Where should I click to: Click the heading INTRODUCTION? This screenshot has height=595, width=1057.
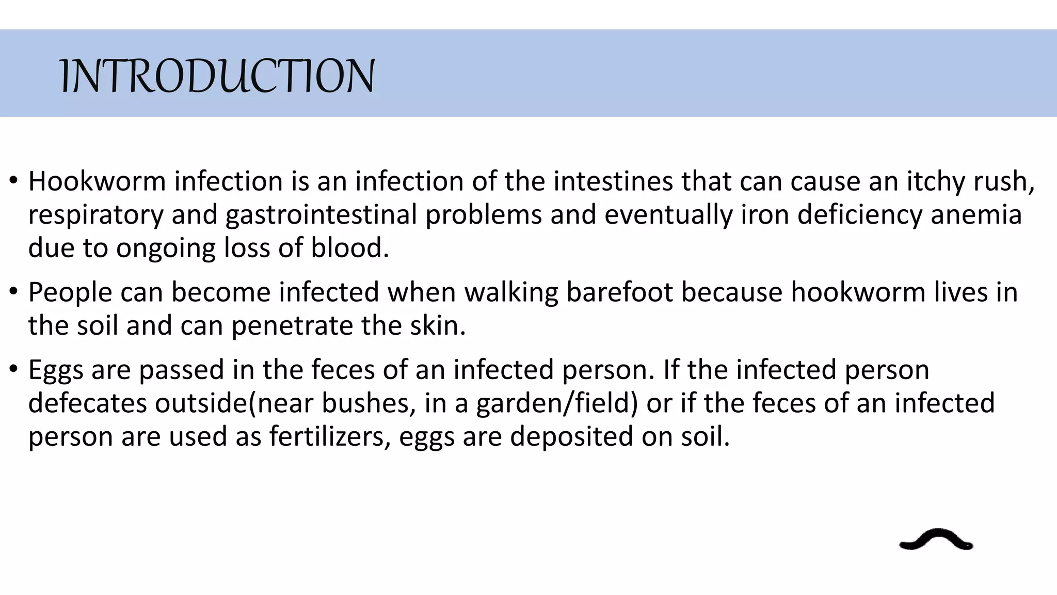tap(217, 76)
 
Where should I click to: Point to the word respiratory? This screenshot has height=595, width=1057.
tap(95, 215)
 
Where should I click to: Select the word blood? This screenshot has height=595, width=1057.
tap(349, 248)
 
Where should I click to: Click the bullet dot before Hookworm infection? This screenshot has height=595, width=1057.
tap(13, 181)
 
